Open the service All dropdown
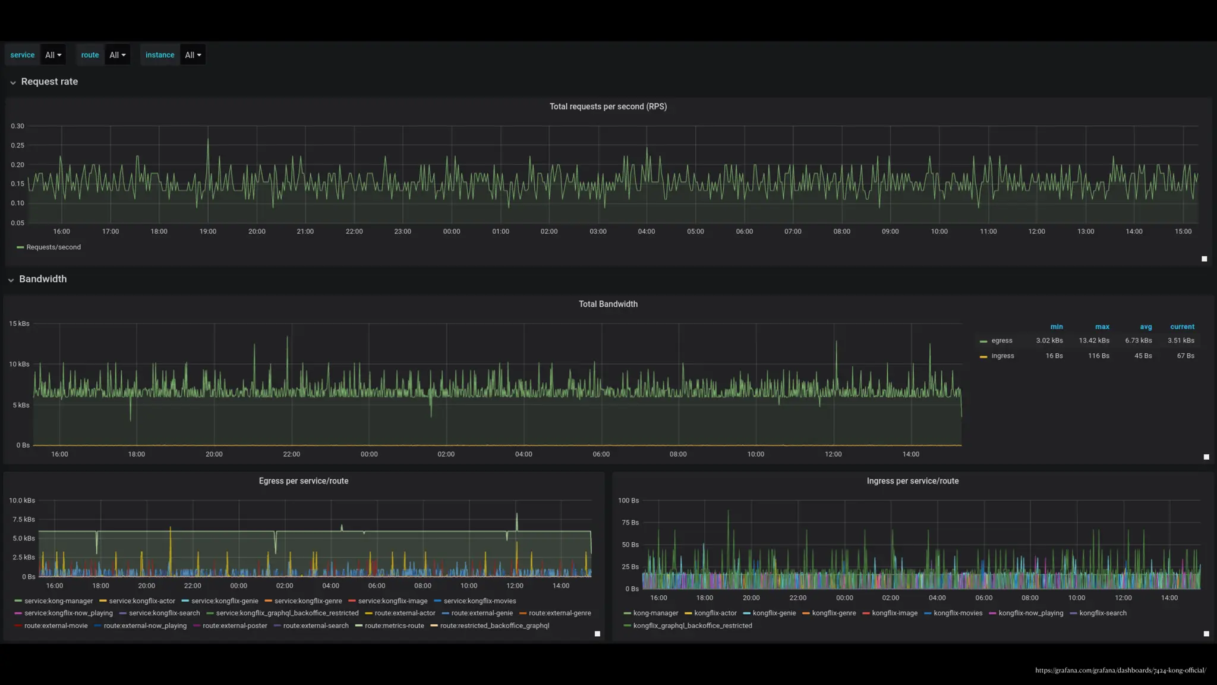click(x=53, y=55)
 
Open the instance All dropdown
click(x=193, y=55)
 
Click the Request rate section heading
click(x=49, y=81)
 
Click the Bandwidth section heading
click(x=43, y=279)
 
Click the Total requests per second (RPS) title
click(x=608, y=106)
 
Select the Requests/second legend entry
click(x=53, y=247)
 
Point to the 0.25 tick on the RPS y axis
click(x=18, y=145)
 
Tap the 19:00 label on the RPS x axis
click(x=207, y=231)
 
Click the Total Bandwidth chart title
click(x=608, y=304)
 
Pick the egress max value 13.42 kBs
click(x=1094, y=341)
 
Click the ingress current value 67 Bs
click(x=1186, y=356)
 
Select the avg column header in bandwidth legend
click(x=1146, y=326)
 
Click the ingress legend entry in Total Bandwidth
click(x=1002, y=356)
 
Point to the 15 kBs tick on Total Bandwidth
click(x=19, y=323)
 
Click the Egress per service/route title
click(x=303, y=481)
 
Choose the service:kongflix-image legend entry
click(x=392, y=601)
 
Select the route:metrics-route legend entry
click(x=394, y=626)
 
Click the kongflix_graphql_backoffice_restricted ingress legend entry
click(x=692, y=626)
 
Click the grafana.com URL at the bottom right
click(x=1120, y=670)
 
